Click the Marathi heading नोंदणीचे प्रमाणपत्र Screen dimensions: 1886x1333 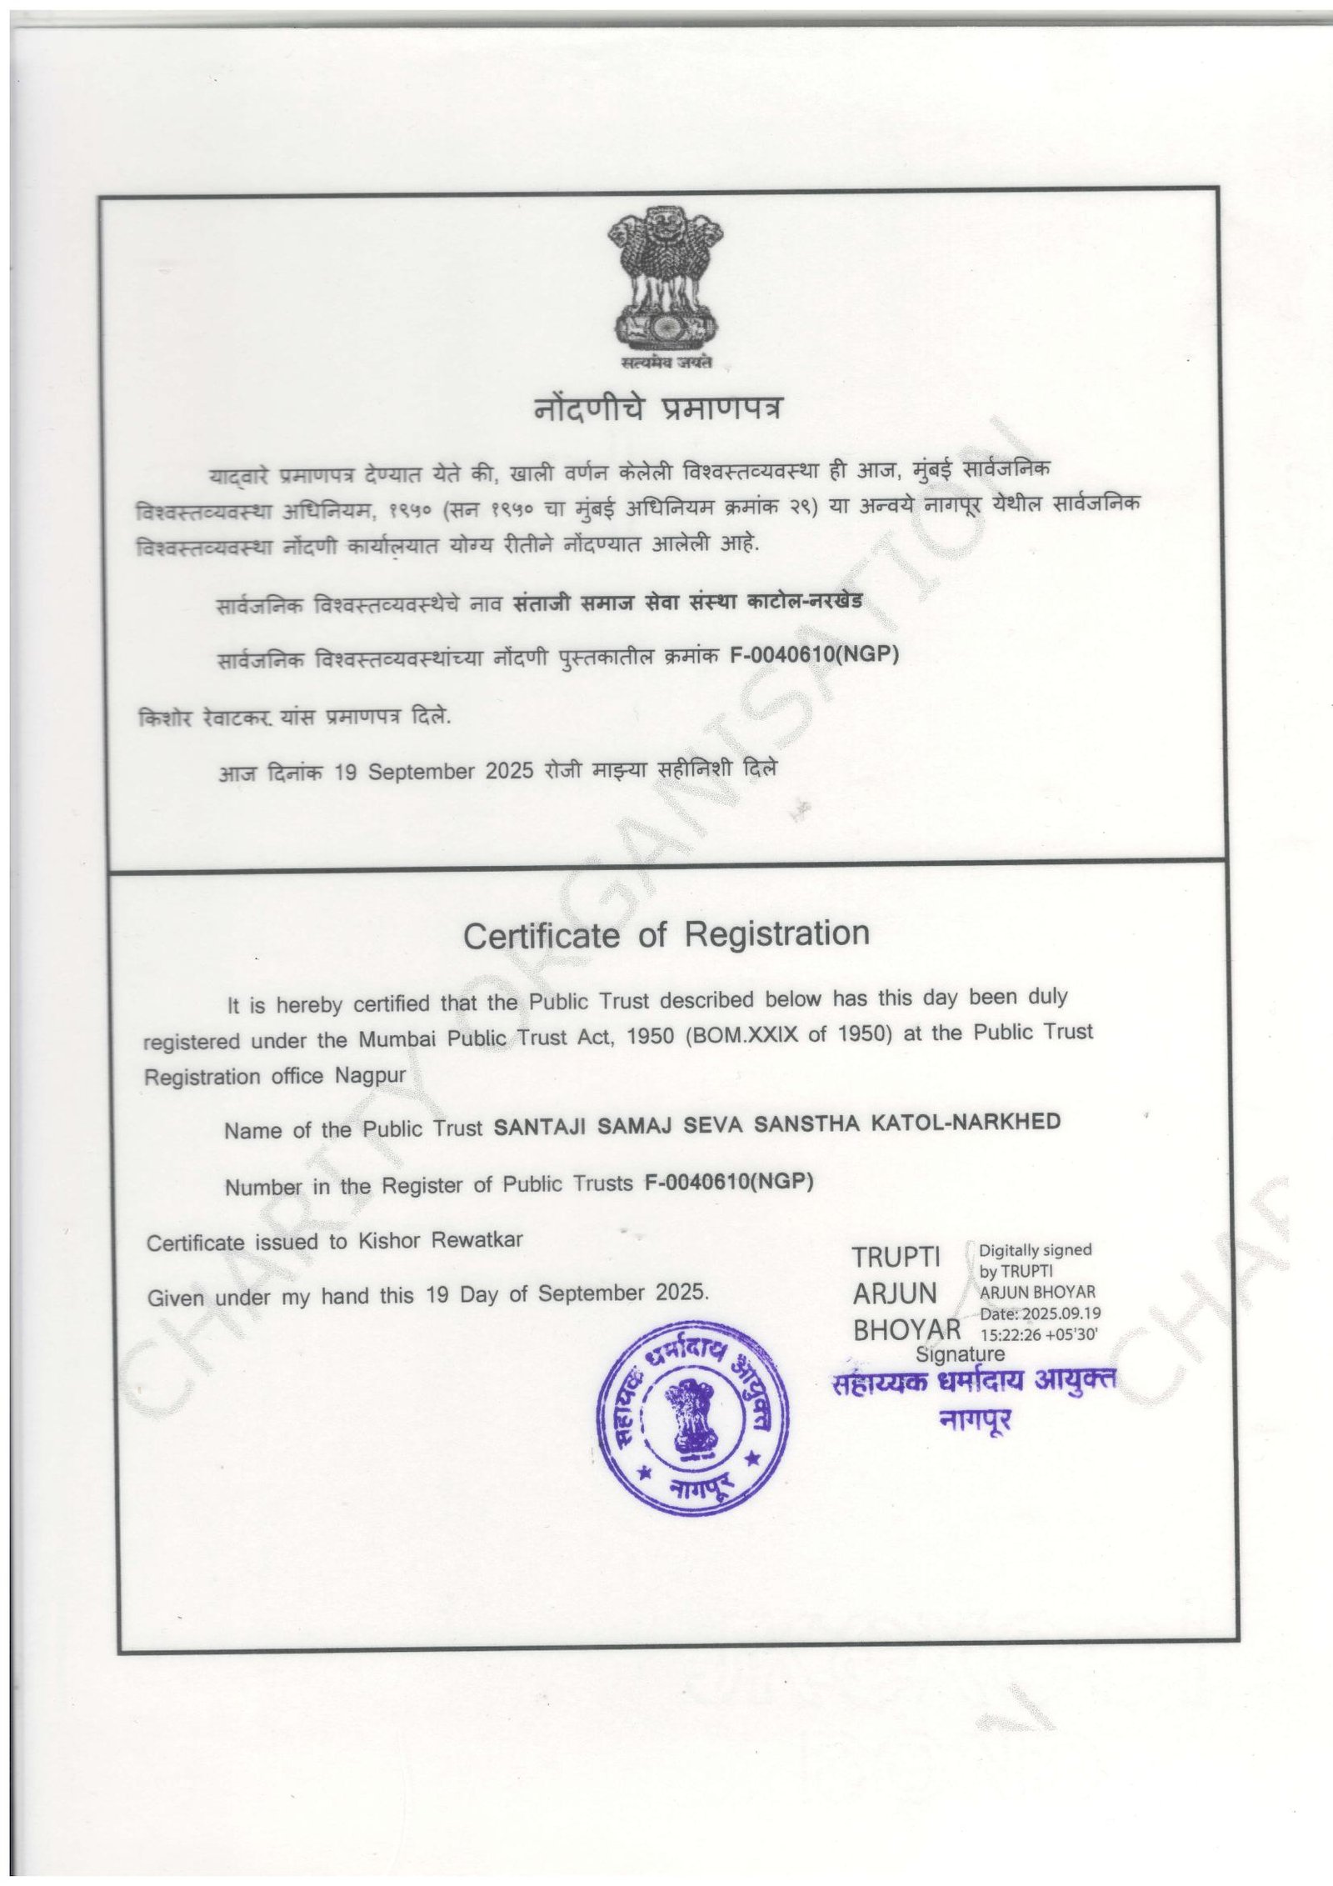[x=658, y=409]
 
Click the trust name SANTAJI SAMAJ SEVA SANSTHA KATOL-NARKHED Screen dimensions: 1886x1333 [x=777, y=1124]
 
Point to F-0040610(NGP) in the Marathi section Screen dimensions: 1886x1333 [x=814, y=655]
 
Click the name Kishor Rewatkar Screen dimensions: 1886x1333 [x=441, y=1240]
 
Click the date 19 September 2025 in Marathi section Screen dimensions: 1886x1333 [x=433, y=771]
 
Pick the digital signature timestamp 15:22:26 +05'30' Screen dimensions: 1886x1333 [x=1039, y=1333]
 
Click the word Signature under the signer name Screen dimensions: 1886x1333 [x=960, y=1354]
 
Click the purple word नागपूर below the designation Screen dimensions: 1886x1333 [x=975, y=1420]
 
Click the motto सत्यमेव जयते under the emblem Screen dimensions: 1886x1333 [x=667, y=363]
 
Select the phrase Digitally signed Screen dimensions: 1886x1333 [x=1035, y=1250]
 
